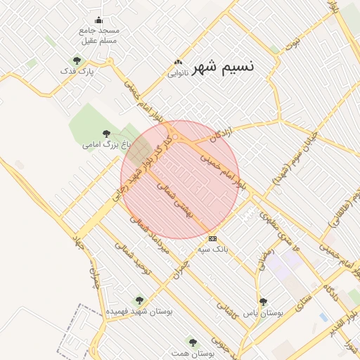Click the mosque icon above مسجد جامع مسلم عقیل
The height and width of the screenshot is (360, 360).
click(98, 20)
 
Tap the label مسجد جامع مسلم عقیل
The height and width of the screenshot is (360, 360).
click(98, 35)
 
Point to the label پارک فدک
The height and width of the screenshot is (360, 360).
click(77, 71)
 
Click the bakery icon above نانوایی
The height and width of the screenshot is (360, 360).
click(178, 63)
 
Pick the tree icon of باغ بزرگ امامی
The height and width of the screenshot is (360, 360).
click(106, 134)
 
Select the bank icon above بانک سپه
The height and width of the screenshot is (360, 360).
click(212, 239)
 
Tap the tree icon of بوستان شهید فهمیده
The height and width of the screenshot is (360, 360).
click(139, 300)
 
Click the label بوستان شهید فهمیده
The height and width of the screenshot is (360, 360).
click(139, 310)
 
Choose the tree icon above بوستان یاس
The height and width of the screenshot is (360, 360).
click(263, 302)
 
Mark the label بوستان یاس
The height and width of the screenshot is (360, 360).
click(262, 312)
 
